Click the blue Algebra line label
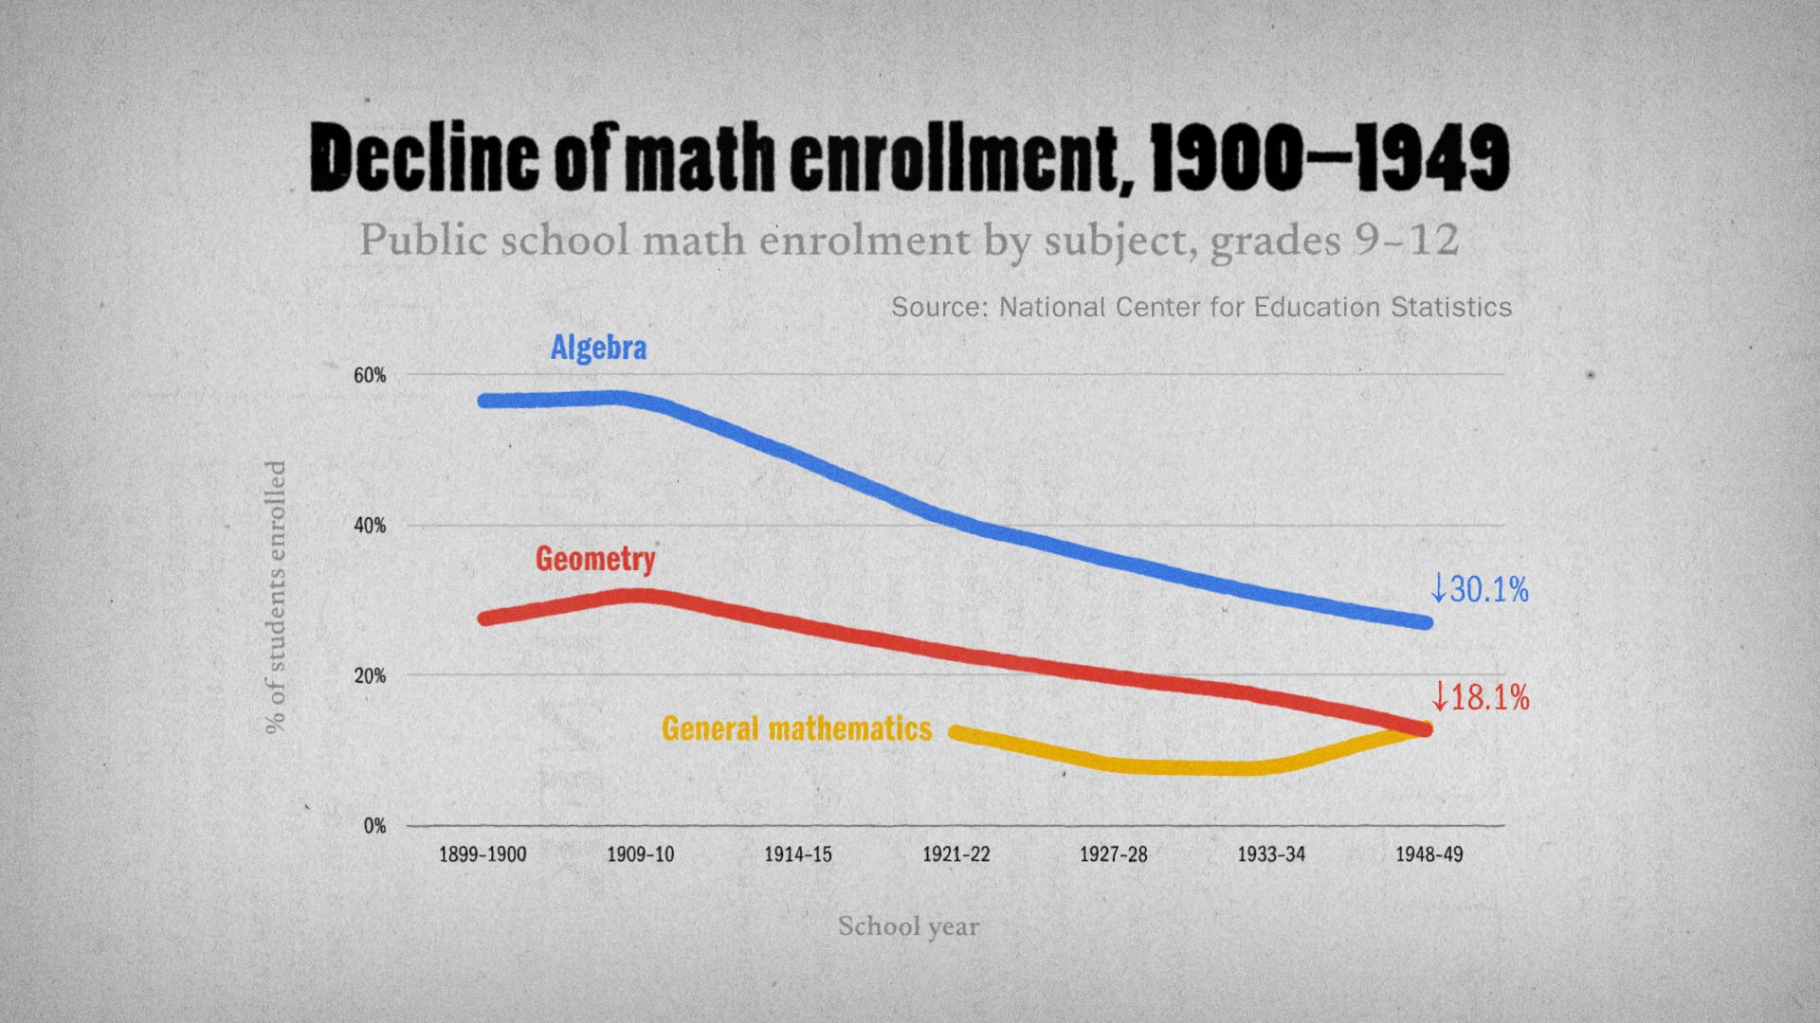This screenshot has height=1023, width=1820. coord(598,348)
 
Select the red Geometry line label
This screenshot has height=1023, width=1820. coord(595,559)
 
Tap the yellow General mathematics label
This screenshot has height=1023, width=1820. coord(796,728)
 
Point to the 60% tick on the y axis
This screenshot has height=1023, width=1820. coord(370,376)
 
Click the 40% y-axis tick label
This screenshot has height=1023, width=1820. coord(370,526)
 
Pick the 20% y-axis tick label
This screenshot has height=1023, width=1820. coord(370,676)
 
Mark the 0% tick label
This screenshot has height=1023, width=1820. coord(374,826)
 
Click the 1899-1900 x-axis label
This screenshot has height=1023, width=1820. coord(482,854)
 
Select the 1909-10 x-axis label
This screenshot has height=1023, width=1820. coord(641,854)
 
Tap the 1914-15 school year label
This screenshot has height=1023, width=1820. coord(798,854)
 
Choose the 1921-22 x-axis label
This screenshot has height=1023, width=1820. coord(955,854)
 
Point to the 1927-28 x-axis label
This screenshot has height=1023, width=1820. coord(1114,854)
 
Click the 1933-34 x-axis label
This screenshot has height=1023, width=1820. coord(1271,854)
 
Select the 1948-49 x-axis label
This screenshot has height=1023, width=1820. coord(1429,854)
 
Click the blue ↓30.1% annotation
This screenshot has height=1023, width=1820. coord(1480,590)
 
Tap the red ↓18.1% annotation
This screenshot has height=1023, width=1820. coord(1480,698)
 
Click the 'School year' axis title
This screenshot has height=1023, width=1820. coord(908,926)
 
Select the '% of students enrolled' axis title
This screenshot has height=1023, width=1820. coord(275,597)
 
